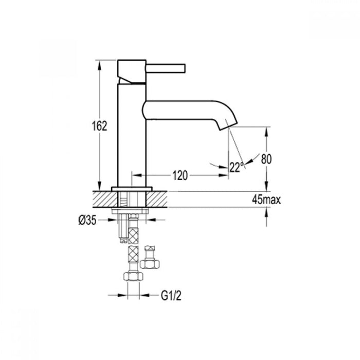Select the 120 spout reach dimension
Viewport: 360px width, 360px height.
point(179,176)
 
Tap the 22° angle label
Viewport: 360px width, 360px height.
point(236,167)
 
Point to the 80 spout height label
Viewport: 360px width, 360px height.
point(266,159)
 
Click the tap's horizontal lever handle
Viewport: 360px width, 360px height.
point(166,68)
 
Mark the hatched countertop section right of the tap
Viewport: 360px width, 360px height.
point(159,199)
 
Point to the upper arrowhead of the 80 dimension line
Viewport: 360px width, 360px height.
point(266,131)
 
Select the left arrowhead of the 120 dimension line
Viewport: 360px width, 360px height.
point(136,176)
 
